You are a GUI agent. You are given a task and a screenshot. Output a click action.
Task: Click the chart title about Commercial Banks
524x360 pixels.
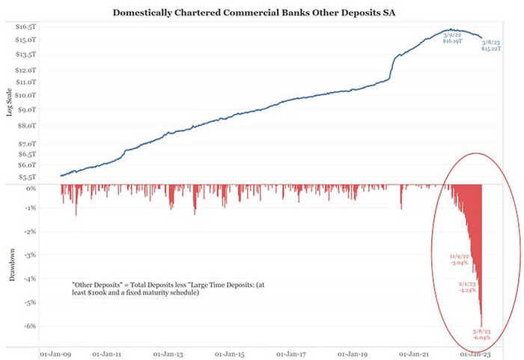click(260, 13)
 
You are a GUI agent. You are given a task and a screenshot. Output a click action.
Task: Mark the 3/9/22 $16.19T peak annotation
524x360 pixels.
click(451, 38)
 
